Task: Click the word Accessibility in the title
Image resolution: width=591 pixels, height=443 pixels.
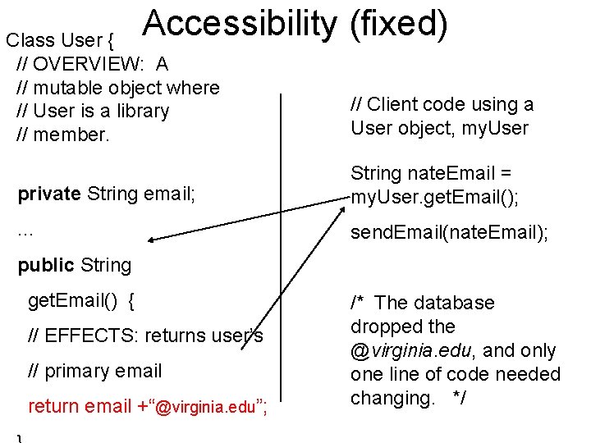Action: click(x=239, y=25)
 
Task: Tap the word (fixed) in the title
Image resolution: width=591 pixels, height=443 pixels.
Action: click(x=398, y=25)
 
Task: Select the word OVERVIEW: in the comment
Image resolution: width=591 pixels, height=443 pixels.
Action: click(x=91, y=64)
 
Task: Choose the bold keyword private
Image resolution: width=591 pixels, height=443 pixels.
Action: click(x=49, y=194)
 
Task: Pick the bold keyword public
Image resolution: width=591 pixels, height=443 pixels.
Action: click(x=46, y=265)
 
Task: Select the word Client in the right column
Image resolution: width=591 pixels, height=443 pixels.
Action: click(x=392, y=104)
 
